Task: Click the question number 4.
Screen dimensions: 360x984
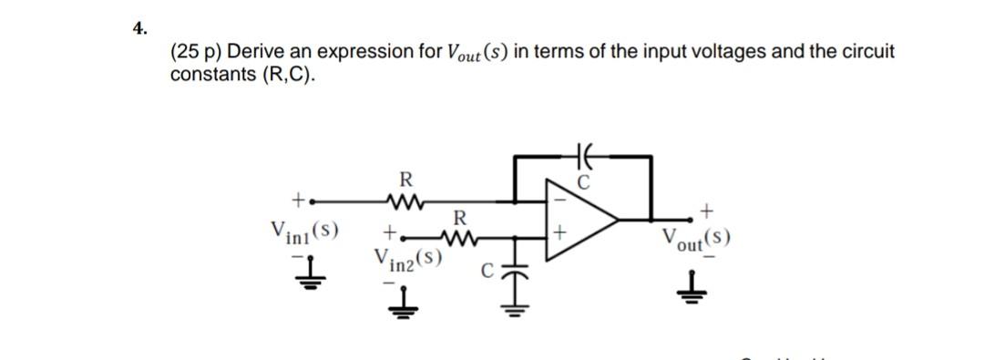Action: [x=138, y=28]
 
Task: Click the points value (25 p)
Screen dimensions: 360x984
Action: [x=196, y=52]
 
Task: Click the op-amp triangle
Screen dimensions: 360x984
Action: [x=579, y=219]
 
